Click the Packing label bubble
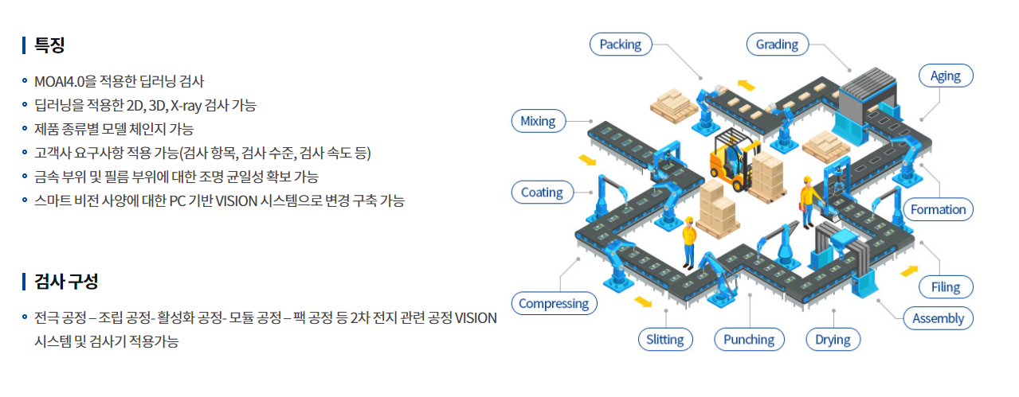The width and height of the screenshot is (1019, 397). coord(620,45)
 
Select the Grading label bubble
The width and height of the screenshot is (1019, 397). coord(778,45)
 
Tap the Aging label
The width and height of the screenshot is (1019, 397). coord(945,76)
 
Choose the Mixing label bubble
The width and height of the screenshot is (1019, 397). coord(538,121)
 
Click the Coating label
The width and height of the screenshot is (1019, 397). coord(542,193)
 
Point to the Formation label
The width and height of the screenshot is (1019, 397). coord(938,210)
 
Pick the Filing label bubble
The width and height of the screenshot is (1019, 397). coord(946,287)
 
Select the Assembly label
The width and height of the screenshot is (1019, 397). coord(938,318)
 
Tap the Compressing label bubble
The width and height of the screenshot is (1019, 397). coord(554,303)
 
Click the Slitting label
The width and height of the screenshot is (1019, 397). coord(665,340)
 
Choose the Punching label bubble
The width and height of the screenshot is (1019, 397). coord(749,340)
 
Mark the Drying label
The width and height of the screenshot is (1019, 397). coord(833,340)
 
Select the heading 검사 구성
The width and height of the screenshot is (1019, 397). coord(66,281)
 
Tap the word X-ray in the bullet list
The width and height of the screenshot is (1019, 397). coord(186,105)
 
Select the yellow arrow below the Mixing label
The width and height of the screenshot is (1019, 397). coord(586,160)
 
